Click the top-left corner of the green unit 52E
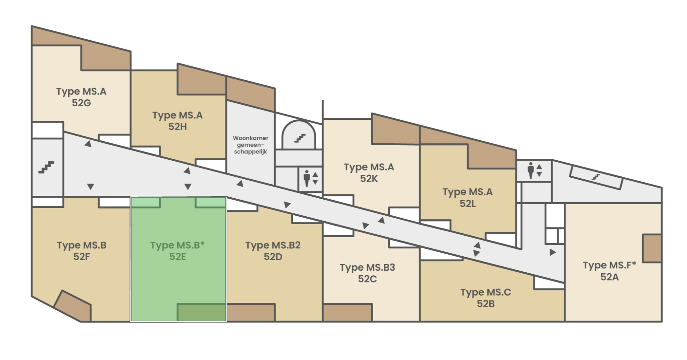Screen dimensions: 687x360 [x=131, y=197]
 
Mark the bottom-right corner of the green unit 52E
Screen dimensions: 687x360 [x=226, y=321]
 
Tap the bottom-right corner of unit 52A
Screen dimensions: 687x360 [x=662, y=321]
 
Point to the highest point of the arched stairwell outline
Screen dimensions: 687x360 [x=299, y=120]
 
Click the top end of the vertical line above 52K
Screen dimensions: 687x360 [x=323, y=100]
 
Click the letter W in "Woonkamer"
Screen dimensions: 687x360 [x=236, y=138]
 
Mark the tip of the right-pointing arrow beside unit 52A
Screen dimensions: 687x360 [x=556, y=252]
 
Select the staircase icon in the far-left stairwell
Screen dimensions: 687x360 [x=46, y=167]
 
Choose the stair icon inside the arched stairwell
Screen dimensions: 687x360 [x=300, y=138]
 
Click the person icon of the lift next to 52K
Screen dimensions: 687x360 [x=307, y=178]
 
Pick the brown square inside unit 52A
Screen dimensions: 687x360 [x=652, y=248]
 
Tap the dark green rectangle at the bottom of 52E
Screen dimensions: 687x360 [x=202, y=312]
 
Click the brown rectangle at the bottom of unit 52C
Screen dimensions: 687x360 [x=347, y=313]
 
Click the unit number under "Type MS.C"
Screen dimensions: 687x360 [x=485, y=304]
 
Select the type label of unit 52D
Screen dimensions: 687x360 [x=273, y=245]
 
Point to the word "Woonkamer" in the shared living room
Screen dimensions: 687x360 [x=251, y=138]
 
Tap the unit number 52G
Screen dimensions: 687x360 [x=81, y=103]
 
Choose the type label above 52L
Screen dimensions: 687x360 [x=467, y=192]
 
